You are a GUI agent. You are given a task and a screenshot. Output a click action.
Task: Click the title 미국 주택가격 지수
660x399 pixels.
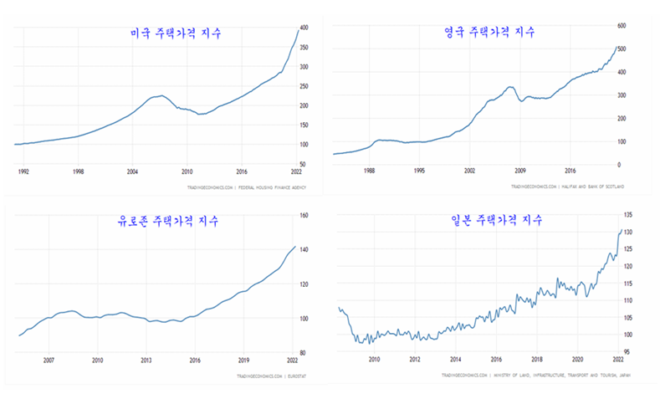(x=175, y=34)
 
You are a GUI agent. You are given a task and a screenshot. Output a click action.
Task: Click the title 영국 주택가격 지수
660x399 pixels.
(x=489, y=32)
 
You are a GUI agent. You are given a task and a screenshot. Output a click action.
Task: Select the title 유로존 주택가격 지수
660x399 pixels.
(x=170, y=222)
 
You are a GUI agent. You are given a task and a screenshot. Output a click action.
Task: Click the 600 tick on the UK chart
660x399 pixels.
(x=621, y=26)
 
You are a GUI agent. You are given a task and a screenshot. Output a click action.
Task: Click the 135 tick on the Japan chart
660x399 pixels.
(x=627, y=215)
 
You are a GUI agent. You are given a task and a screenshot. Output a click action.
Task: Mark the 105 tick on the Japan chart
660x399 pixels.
(x=627, y=318)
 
